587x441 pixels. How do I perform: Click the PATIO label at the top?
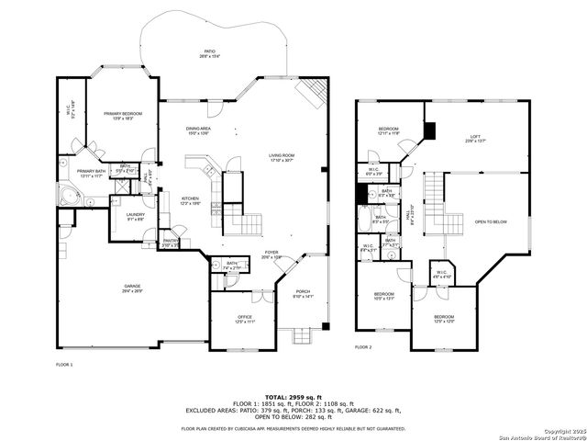tap(209, 53)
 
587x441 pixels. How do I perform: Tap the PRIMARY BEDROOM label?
tap(123, 115)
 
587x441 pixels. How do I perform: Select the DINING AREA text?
tap(199, 130)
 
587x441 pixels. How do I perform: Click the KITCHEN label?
tap(191, 200)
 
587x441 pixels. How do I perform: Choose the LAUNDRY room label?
tap(136, 217)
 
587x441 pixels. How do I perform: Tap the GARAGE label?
tap(132, 288)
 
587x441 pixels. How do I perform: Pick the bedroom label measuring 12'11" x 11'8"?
tap(389, 130)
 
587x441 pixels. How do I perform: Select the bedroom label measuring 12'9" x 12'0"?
tap(444, 319)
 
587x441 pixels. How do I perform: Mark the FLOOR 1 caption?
tap(64, 365)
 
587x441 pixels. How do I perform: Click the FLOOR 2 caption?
tap(363, 347)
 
